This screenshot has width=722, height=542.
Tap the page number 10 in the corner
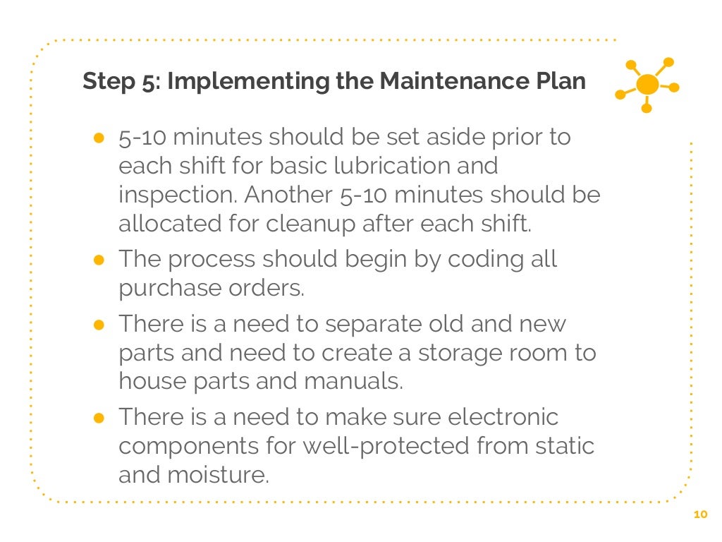coord(699,515)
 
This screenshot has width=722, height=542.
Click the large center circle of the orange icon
coord(647,85)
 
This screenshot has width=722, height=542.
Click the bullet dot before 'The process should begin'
coord(99,260)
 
